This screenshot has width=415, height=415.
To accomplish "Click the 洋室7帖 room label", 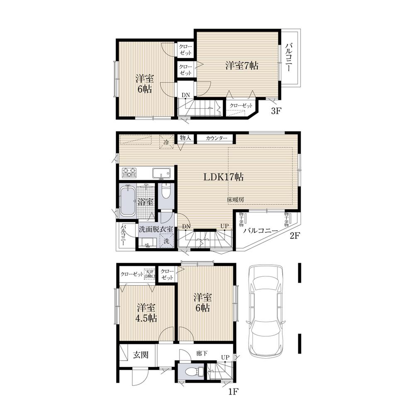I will tap(242, 65).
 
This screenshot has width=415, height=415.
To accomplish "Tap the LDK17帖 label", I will tap(223, 177).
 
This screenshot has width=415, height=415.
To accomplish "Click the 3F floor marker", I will tap(277, 111).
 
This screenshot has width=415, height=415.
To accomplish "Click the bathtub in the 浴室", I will tap(127, 201).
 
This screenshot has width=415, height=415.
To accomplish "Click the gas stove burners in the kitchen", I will tap(129, 171).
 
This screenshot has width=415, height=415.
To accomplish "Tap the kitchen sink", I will tap(161, 172).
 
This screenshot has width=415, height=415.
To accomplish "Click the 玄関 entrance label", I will tap(139, 355).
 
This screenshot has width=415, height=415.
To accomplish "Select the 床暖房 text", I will tap(235, 200).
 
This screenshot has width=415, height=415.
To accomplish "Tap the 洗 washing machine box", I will tap(166, 240).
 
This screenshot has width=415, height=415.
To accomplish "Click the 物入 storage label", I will tap(186, 138).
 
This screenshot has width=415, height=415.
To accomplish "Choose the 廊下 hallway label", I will tap(202, 354).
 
